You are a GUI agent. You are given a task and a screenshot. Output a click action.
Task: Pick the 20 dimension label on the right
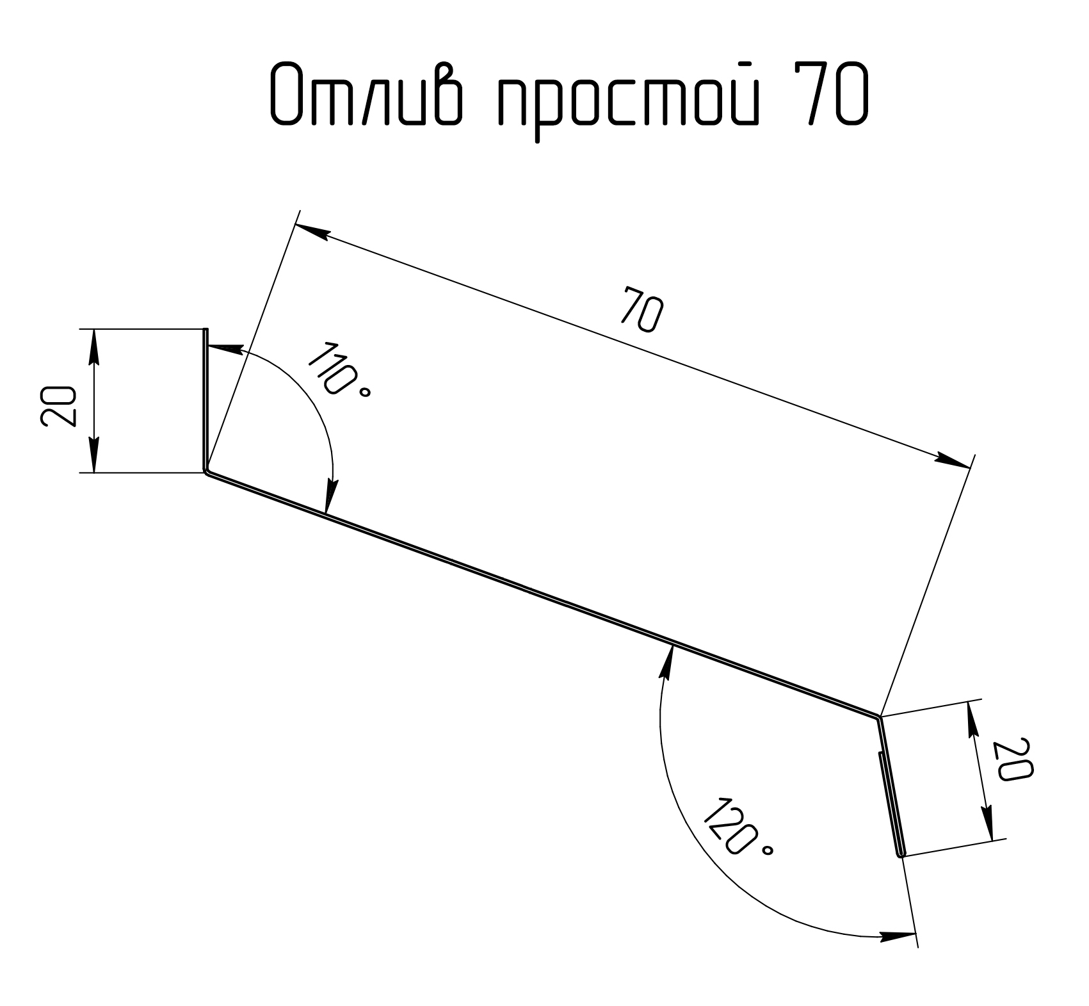(x=1011, y=759)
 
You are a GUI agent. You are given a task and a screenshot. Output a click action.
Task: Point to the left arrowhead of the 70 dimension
(x=312, y=232)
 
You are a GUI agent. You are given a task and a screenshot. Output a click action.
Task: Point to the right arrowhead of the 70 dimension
(x=953, y=460)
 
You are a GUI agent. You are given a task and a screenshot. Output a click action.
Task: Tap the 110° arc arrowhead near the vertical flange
(x=224, y=349)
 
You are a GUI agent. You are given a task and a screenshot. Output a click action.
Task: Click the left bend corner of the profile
(x=206, y=473)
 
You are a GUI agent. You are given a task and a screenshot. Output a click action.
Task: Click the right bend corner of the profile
(x=879, y=717)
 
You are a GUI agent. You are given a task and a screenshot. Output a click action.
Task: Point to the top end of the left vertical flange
(x=206, y=329)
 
